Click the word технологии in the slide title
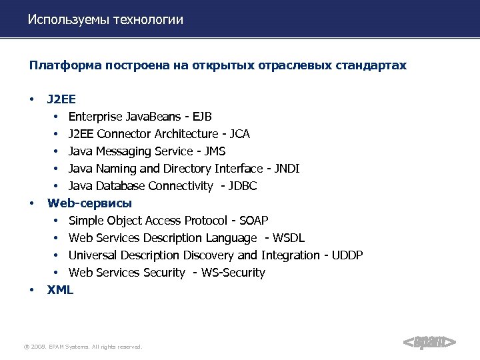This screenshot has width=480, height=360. click(149, 20)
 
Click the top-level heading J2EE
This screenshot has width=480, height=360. click(61, 100)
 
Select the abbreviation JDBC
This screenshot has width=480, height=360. click(241, 186)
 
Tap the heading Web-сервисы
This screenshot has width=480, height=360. click(89, 203)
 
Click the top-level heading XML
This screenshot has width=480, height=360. click(60, 289)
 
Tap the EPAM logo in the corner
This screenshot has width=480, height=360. click(430, 343)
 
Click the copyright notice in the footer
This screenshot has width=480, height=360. click(83, 347)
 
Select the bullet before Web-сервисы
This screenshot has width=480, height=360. click(31, 203)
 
